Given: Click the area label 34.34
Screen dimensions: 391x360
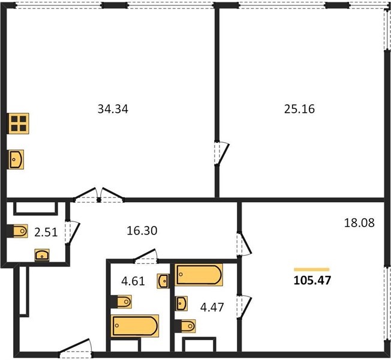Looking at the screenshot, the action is coord(113,109).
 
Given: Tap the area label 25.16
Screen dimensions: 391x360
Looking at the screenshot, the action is coord(299,109).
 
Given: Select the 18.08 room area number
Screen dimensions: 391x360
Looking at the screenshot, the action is coord(359,223).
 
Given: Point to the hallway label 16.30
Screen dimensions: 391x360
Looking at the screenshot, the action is coord(142,231).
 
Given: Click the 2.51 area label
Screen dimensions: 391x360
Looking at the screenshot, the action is coord(46,233).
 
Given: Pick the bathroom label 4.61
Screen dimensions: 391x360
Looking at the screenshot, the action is coord(133,281).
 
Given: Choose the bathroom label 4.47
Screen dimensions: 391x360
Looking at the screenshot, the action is coord(212,307).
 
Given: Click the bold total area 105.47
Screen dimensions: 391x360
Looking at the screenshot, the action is coord(312,280).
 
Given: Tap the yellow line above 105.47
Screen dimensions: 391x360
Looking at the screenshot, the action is coord(312,269).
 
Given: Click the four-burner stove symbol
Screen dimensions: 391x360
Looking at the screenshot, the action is coord(19,124).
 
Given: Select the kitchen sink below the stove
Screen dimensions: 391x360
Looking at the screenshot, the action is coord(16,160).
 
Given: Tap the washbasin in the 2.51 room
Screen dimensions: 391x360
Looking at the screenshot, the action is coord(42,255).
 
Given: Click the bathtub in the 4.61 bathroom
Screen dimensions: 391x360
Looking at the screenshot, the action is coord(135,326).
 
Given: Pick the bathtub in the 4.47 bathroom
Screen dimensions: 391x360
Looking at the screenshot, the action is coord(198,274).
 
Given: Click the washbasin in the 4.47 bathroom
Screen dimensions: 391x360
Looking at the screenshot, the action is coord(181,304).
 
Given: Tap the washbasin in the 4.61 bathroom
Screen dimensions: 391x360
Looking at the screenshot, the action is coord(163,281).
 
